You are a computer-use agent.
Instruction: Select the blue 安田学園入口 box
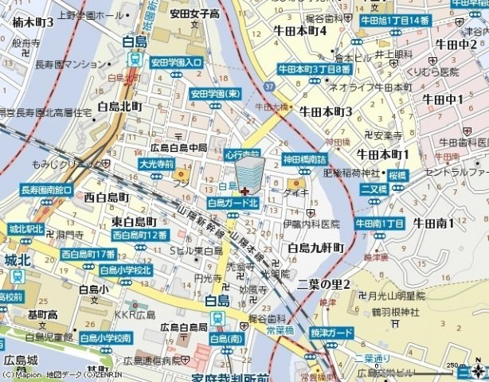pyautogui.click(x=176, y=61)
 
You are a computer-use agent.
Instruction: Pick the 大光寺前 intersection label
pyautogui.click(x=156, y=163)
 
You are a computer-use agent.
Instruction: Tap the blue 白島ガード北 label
pyautogui.click(x=234, y=203)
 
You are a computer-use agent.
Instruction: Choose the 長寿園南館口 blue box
pyautogui.click(x=46, y=190)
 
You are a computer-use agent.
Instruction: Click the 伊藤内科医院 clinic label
pyautogui.click(x=310, y=224)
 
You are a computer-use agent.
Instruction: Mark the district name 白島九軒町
pyautogui.click(x=315, y=248)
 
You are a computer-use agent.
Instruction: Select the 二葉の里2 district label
pyautogui.click(x=324, y=284)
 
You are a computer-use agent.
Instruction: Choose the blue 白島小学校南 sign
pyautogui.click(x=105, y=337)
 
